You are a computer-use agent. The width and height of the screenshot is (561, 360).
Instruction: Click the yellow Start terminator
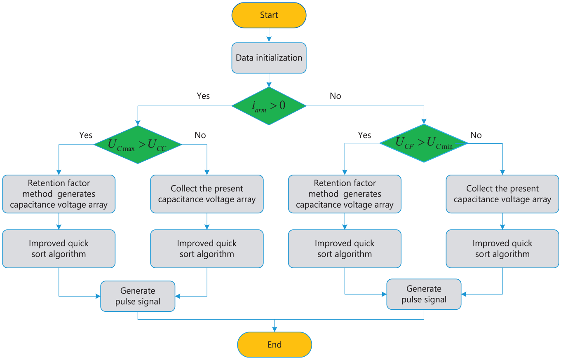pos(269,15)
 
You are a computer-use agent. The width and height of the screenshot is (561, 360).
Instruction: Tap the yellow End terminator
pos(275,344)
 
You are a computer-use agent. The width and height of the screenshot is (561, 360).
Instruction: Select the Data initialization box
pos(269,58)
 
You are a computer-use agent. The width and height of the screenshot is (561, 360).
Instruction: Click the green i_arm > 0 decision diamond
pos(269,106)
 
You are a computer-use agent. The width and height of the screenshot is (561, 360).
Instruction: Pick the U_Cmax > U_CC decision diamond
pos(138,145)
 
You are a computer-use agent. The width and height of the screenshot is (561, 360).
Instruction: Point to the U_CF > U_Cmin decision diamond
pos(424,143)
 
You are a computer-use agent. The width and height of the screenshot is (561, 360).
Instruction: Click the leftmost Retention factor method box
pos(59,194)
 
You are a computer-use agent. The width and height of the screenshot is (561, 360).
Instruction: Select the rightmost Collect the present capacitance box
pos(502,194)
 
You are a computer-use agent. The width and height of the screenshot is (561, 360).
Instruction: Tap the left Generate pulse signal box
pos(138,296)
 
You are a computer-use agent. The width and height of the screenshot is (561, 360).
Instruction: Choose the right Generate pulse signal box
pos(424,294)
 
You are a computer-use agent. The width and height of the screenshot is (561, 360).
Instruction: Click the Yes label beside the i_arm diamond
pos(203,96)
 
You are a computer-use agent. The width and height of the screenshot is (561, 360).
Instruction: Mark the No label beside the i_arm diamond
pos(336,96)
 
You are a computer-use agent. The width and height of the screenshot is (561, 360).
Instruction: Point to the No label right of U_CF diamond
pos(476,135)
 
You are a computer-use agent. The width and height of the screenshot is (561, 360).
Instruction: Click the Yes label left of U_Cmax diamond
pos(86,135)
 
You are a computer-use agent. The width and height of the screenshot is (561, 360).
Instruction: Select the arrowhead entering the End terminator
pos(275,329)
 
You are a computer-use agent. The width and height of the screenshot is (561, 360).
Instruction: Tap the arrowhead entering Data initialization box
pos(269,40)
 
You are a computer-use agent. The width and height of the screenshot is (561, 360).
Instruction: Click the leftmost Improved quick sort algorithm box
pos(59,249)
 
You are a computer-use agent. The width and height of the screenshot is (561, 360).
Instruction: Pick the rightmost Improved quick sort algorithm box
pos(502,249)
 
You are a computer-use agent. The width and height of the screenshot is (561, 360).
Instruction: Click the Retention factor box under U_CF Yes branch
pos(345,194)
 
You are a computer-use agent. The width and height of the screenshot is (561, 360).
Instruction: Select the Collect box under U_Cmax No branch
pos(207,194)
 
